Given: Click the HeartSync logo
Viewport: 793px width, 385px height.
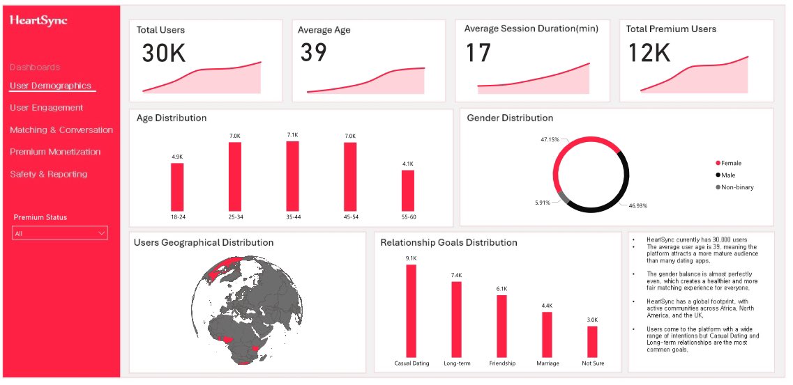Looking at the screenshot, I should click(x=38, y=21).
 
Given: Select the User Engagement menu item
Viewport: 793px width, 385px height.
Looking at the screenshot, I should click(x=46, y=108).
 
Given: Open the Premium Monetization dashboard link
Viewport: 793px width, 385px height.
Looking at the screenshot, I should click(x=55, y=152).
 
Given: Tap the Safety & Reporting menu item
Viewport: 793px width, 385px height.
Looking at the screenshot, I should click(x=48, y=174).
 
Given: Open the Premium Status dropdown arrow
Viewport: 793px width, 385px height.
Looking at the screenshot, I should click(x=102, y=233).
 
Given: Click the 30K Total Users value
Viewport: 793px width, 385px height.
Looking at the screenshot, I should click(x=164, y=54).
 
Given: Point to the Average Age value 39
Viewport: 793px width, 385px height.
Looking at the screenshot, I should click(x=313, y=52).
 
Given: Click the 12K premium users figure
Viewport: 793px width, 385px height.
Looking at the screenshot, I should click(x=649, y=53).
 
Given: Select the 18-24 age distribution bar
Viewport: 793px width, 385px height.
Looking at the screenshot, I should click(x=177, y=187).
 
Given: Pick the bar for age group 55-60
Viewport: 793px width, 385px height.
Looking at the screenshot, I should click(x=407, y=190).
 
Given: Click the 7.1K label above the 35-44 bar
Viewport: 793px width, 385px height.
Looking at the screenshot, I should click(x=293, y=135).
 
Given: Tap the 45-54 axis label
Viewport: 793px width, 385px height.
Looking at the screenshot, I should click(x=350, y=217).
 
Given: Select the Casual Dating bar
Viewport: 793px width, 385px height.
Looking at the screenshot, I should click(x=411, y=310).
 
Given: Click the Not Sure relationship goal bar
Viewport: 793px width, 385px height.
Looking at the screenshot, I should click(x=592, y=341).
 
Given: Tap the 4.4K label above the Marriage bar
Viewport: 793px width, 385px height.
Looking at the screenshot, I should click(x=547, y=306).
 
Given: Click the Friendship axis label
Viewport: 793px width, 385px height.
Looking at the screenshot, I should click(x=502, y=363).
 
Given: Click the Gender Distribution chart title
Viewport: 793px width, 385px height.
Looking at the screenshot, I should click(x=510, y=118).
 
